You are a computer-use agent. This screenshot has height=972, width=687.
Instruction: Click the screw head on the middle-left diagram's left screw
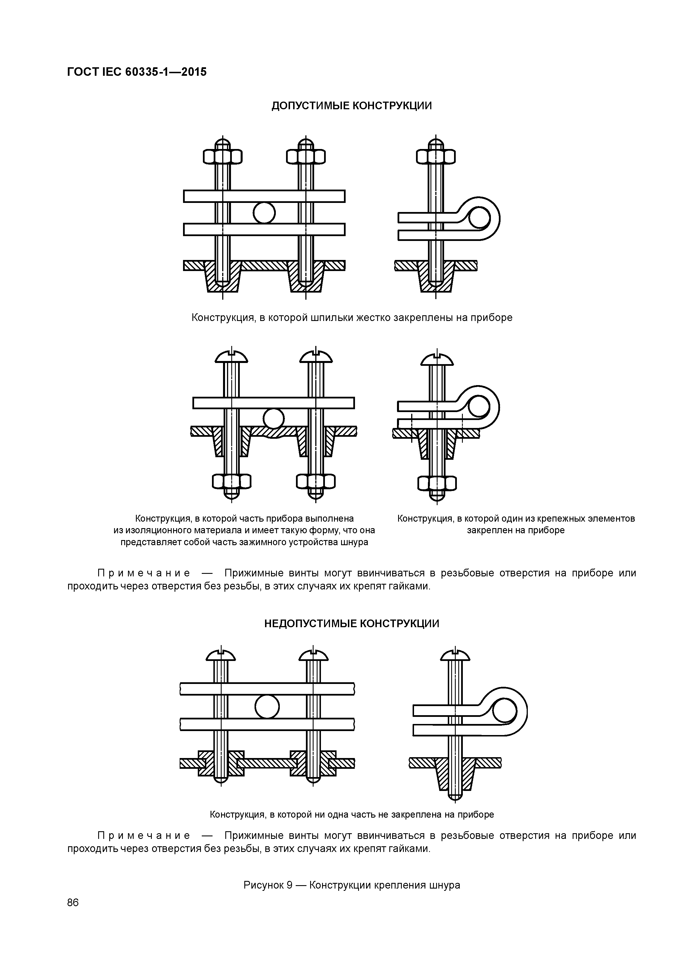pyautogui.click(x=231, y=358)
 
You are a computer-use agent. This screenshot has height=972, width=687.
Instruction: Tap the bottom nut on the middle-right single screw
pyautogui.click(x=437, y=483)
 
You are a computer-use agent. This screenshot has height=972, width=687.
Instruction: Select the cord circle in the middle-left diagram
pyautogui.click(x=274, y=419)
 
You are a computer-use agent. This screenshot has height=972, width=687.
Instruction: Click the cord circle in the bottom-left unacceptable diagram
pyautogui.click(x=267, y=707)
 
